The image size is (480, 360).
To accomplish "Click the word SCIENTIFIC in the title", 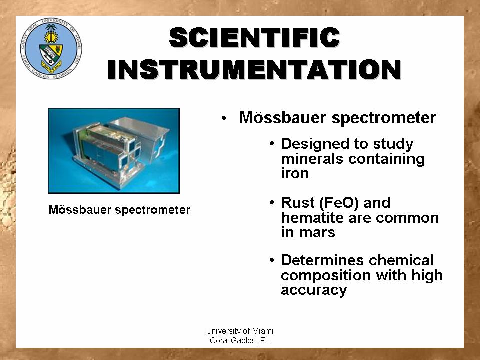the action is click(254, 38).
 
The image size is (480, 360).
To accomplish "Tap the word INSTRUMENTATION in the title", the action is click(254, 69).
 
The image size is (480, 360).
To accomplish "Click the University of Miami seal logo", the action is click(51, 49).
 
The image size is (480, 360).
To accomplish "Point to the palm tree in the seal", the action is click(51, 33).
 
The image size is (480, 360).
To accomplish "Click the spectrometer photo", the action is click(114, 151).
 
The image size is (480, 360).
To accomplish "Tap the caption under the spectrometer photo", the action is click(119, 210).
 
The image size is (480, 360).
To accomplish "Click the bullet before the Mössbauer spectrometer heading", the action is click(224, 118).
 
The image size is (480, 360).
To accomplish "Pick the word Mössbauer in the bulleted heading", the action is click(282, 118).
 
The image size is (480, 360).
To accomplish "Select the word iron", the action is click(295, 173).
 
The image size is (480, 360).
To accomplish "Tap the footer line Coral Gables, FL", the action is click(239, 340).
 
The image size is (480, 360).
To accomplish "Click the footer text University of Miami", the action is click(239, 331).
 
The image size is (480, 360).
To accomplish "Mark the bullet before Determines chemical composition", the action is click(272, 261).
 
